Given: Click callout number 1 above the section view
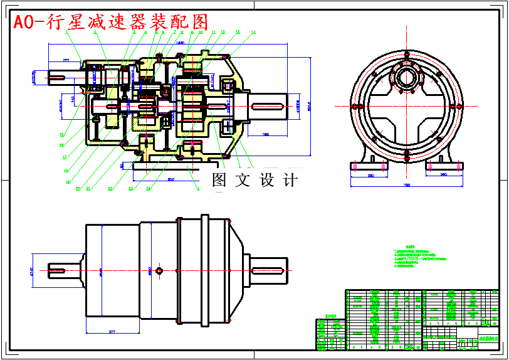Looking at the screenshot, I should point(67,32).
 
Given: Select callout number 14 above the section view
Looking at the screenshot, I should point(253,32).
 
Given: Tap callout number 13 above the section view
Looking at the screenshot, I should point(238,32).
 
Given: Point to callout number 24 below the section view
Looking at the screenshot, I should point(149,188).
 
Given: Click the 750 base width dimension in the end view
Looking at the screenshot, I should point(406,186).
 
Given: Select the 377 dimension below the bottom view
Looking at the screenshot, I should point(112,331).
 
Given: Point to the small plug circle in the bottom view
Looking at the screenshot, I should point(159,270).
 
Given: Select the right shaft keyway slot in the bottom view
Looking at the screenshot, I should point(270,270).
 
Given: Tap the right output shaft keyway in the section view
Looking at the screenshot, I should point(270,105).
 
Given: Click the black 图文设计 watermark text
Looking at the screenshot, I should point(255,181).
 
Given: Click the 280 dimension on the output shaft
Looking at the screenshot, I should point(266,134).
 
